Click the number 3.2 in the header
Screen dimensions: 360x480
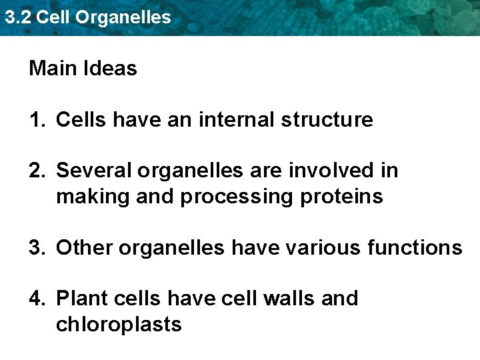coord(17,17)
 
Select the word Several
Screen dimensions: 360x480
coord(94,171)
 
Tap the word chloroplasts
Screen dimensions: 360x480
coord(119,325)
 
